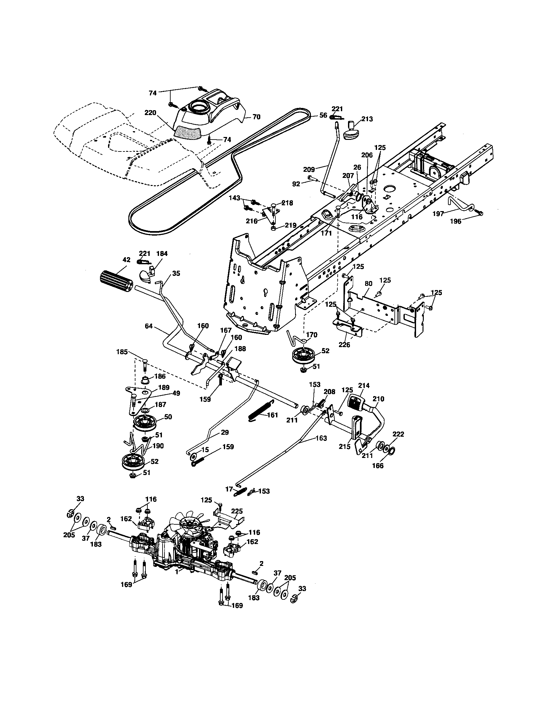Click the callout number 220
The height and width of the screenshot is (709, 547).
(x=150, y=113)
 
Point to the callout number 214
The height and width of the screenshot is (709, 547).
(x=364, y=385)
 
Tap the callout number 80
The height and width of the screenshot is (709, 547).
(x=368, y=283)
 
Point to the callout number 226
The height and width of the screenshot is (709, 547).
(x=345, y=345)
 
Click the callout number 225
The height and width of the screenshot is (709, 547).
(x=237, y=511)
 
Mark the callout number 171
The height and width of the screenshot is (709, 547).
(x=326, y=233)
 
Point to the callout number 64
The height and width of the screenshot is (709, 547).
(x=148, y=325)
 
